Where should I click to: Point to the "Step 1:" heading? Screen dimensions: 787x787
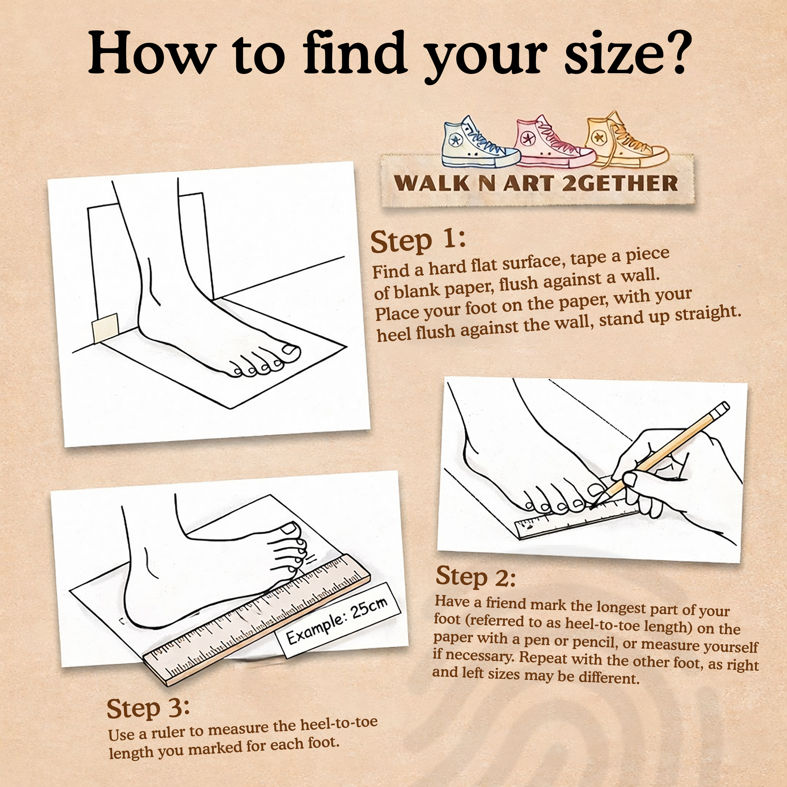click(418, 241)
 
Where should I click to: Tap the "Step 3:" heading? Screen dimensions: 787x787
click(148, 709)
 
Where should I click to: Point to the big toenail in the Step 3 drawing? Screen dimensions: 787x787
click(290, 529)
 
